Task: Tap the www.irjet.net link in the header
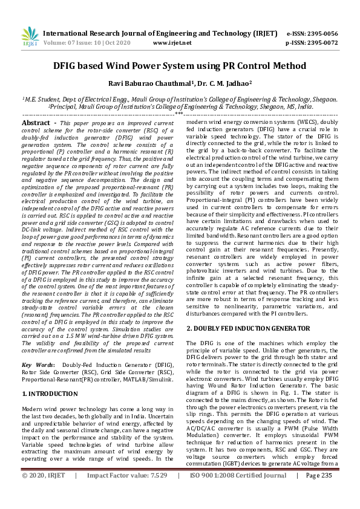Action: tap(172, 44)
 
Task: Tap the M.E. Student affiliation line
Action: tap(180, 98)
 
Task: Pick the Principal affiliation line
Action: tap(180, 106)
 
